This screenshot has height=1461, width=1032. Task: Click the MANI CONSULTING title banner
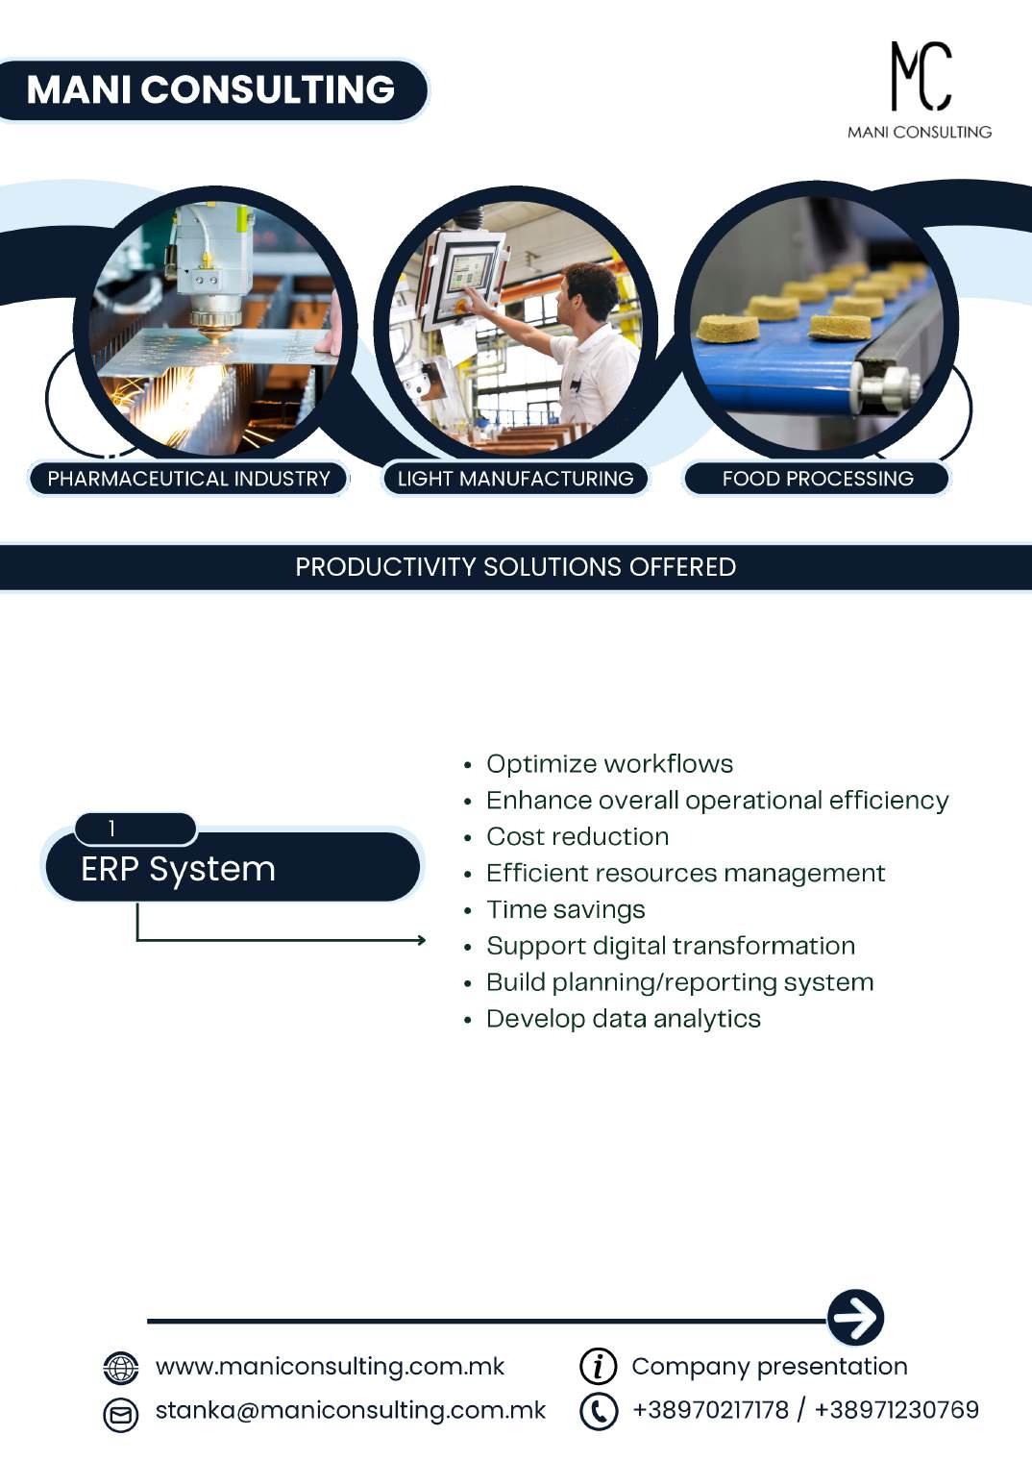pyautogui.click(x=210, y=90)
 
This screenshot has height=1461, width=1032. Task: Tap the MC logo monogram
pyautogui.click(x=920, y=76)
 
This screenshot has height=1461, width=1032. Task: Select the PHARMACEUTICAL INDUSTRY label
pyautogui.click(x=188, y=479)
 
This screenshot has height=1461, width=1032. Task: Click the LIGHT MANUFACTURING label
pyautogui.click(x=515, y=479)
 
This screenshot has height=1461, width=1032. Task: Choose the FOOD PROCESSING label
pyautogui.click(x=817, y=479)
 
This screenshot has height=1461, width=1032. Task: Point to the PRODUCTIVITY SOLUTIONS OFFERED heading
pyautogui.click(x=515, y=567)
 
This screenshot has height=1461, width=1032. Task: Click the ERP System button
pyautogui.click(x=231, y=869)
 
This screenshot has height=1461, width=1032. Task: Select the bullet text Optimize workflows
pyautogui.click(x=609, y=764)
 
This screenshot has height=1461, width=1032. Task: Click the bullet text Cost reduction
pyautogui.click(x=577, y=837)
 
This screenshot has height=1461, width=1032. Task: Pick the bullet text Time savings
pyautogui.click(x=565, y=909)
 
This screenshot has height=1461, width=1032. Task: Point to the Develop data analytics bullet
pyautogui.click(x=623, y=1019)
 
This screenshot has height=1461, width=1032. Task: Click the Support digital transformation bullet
pyautogui.click(x=670, y=946)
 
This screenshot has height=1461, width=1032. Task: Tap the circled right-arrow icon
pyautogui.click(x=855, y=1317)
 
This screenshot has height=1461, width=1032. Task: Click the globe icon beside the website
pyautogui.click(x=121, y=1367)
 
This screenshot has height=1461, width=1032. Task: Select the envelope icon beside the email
pyautogui.click(x=121, y=1414)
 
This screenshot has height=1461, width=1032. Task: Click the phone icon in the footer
pyautogui.click(x=598, y=1411)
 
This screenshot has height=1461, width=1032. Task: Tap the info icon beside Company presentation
pyautogui.click(x=598, y=1366)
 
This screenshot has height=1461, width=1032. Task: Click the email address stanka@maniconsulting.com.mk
pyautogui.click(x=350, y=1410)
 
